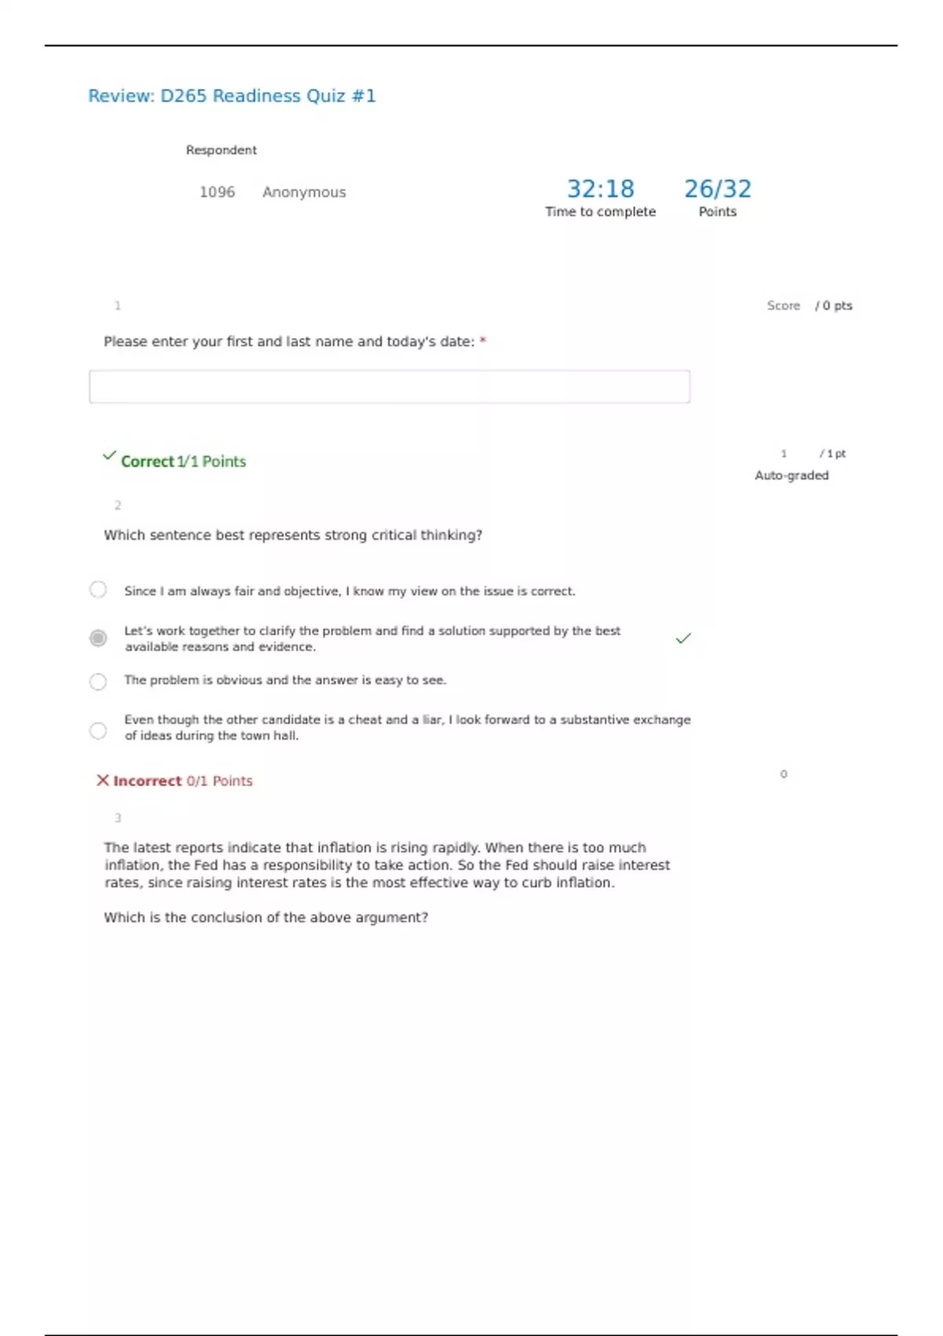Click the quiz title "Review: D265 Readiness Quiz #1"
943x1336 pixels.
point(232,96)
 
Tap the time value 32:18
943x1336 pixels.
point(600,189)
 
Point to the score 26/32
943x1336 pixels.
point(717,189)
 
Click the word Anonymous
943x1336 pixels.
point(304,192)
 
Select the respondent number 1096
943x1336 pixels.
point(217,192)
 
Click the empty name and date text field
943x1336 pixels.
point(389,387)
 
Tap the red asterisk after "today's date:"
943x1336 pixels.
point(483,341)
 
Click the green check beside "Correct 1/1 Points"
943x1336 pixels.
point(109,456)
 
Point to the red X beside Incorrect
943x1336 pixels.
point(103,780)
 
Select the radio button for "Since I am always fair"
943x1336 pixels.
point(98,589)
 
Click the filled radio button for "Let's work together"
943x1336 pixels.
point(98,638)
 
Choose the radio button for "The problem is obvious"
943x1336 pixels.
point(98,681)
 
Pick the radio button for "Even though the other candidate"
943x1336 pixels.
point(98,731)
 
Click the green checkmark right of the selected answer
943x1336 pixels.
point(684,638)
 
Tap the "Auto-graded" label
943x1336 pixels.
point(791,475)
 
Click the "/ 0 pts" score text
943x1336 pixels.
point(834,306)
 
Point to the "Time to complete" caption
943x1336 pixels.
point(600,211)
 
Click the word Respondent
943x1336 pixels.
point(221,150)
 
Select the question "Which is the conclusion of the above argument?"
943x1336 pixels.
point(266,917)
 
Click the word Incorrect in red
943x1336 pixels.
point(147,780)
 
